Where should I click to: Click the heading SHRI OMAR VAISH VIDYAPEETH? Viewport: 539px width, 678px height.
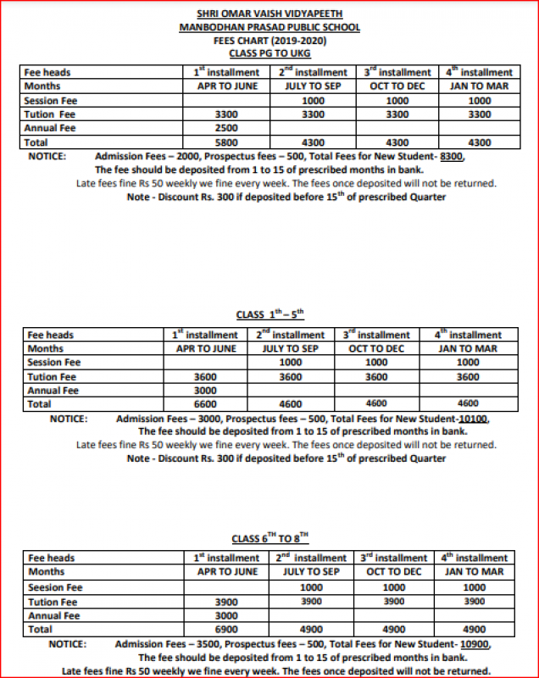click(269, 14)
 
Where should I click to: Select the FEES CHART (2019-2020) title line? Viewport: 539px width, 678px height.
click(269, 41)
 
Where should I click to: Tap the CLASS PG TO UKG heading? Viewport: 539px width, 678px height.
click(269, 53)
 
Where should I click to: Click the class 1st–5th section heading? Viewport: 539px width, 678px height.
click(269, 314)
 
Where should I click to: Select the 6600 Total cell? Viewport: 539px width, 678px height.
click(206, 404)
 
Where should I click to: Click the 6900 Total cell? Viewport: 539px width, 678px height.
click(226, 630)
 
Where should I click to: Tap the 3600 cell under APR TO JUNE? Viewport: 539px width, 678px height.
click(206, 376)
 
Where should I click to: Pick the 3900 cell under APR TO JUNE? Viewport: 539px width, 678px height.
click(226, 602)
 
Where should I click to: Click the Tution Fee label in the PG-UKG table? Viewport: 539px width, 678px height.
click(51, 114)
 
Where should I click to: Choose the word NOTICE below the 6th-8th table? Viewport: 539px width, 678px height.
click(74, 643)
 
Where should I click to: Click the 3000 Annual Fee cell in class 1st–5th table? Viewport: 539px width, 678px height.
click(206, 391)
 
